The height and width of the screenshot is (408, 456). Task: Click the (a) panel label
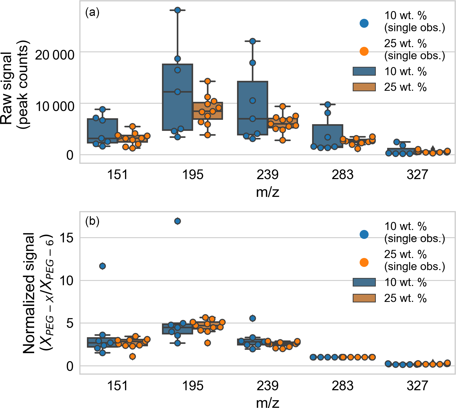[92, 12]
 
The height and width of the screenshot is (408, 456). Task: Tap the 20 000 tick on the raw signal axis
[55, 55]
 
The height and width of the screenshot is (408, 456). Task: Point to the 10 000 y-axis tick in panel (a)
[55, 106]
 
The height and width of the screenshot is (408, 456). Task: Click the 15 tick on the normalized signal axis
[66, 238]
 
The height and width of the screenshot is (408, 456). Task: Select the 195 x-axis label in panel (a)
[193, 175]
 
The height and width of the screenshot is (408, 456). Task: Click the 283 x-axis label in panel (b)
[342, 386]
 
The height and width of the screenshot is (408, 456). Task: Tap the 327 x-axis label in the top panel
[417, 175]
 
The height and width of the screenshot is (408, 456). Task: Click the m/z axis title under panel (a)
[267, 192]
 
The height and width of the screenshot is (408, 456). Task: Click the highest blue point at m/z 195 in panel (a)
[178, 10]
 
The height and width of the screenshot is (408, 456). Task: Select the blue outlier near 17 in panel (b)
[178, 221]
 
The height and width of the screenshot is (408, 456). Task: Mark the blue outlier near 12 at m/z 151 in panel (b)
[102, 266]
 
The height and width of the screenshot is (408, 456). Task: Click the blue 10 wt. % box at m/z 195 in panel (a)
[178, 108]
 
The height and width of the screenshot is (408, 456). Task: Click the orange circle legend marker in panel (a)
[364, 51]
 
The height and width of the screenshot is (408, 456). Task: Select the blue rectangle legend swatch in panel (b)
[364, 282]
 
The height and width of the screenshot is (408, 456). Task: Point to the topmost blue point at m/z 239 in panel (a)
[252, 41]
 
